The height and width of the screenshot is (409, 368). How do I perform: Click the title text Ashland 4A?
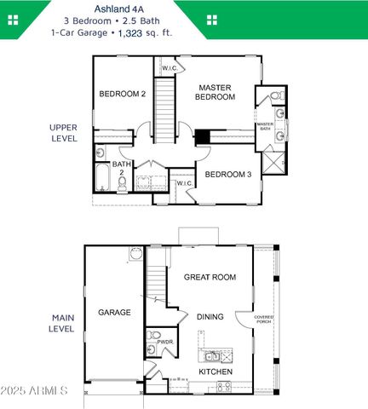tap(183, 8)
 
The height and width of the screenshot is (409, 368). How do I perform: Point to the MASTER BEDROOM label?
tap(216, 92)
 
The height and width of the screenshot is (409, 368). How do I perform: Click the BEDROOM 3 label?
tap(227, 174)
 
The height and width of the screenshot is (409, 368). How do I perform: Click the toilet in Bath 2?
tap(101, 153)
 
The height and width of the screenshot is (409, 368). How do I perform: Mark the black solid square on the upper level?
tap(202, 136)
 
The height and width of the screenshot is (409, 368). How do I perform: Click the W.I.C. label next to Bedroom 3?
tap(183, 182)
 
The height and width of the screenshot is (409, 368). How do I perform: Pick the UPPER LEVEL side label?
tap(64, 132)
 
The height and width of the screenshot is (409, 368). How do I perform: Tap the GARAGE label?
tap(114, 313)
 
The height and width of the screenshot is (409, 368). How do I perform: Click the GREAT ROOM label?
tap(210, 277)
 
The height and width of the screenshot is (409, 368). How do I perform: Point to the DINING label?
tap(210, 317)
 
